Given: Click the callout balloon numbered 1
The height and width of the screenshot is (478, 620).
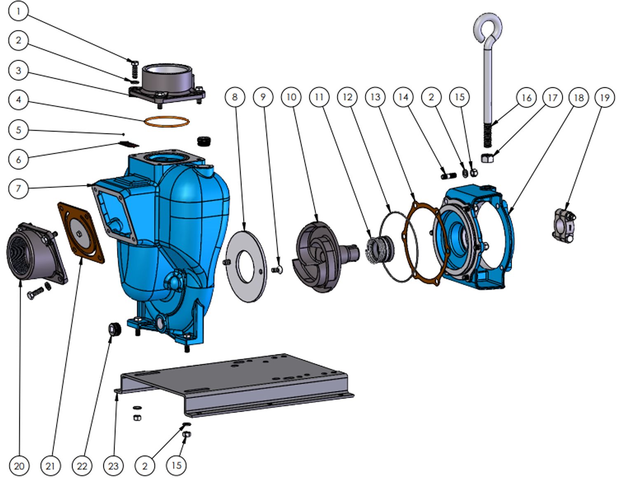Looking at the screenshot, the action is [x=19, y=12].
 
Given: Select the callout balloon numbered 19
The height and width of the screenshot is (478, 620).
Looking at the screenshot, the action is [x=605, y=98].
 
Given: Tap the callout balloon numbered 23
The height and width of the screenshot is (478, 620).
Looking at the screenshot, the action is [x=113, y=466].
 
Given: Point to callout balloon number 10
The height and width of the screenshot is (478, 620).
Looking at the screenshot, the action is [x=291, y=97].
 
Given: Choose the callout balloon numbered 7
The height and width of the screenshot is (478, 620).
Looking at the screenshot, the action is [x=19, y=188].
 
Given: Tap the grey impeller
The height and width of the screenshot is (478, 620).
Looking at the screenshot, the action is [x=324, y=257].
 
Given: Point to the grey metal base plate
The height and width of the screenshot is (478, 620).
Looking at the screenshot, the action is [x=234, y=385].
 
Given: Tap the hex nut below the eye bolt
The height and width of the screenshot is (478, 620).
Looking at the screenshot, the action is [x=487, y=158].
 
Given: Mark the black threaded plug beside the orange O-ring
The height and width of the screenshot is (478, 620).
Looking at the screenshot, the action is [x=204, y=141].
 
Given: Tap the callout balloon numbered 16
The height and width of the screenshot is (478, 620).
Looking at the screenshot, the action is [x=526, y=98].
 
